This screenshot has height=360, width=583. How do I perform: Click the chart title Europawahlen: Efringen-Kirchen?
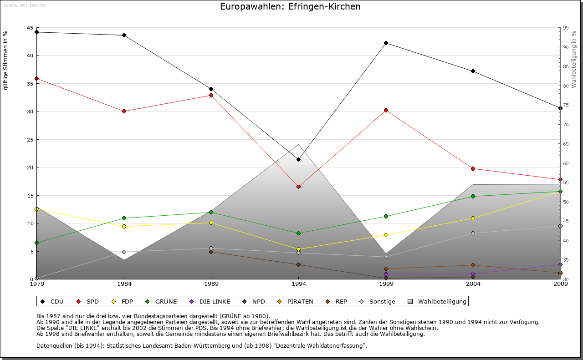(x=290, y=6)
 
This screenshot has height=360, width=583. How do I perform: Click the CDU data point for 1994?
(x=298, y=159)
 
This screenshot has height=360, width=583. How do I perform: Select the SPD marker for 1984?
(x=124, y=111)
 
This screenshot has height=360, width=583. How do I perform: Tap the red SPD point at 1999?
(x=386, y=110)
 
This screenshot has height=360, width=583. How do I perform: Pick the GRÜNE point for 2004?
(x=473, y=196)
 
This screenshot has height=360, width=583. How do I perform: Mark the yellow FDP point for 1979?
(x=36, y=209)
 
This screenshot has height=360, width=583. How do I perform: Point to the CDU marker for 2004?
(x=473, y=71)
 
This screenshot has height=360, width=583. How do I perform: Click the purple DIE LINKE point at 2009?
(x=560, y=264)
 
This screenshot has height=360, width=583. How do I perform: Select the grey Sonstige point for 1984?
(x=124, y=252)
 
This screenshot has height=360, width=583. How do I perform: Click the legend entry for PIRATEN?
(x=300, y=301)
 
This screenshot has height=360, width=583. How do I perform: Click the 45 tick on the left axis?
(x=31, y=28)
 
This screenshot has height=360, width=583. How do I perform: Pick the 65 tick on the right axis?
(x=565, y=144)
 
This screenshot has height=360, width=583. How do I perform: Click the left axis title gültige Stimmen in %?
(x=6, y=60)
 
